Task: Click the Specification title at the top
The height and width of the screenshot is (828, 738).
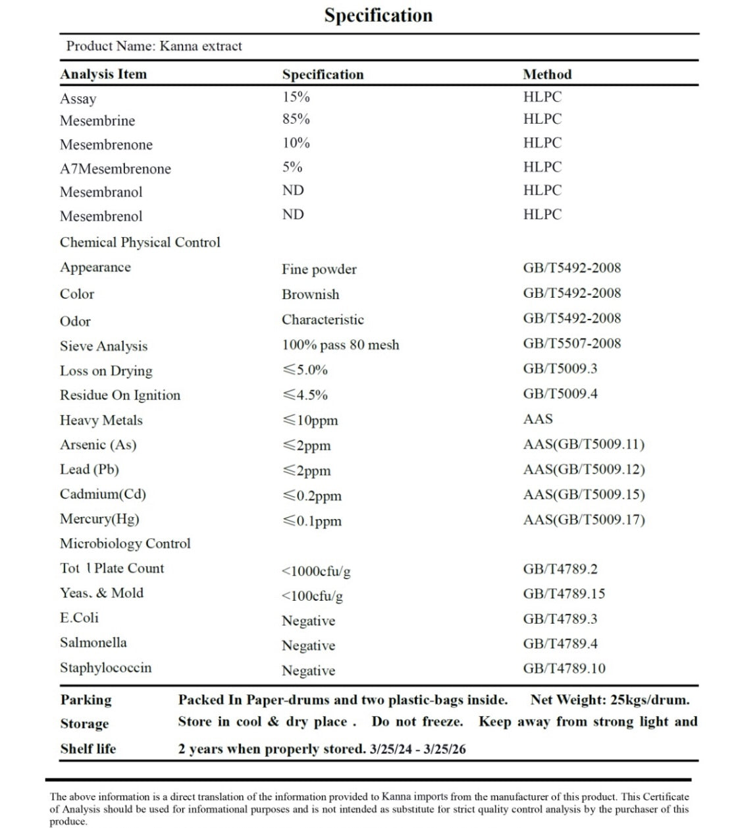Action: click(x=378, y=15)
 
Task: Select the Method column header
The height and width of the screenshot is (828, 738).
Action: click(x=547, y=74)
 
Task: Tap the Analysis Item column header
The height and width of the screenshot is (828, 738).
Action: click(x=103, y=74)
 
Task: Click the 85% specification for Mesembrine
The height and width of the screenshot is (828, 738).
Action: click(x=296, y=119)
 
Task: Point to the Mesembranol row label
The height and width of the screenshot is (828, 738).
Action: click(x=101, y=192)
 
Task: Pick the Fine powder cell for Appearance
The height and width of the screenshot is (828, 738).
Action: click(x=319, y=269)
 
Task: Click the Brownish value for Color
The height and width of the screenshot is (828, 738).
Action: click(x=311, y=294)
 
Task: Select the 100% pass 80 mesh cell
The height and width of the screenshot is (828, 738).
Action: click(x=340, y=345)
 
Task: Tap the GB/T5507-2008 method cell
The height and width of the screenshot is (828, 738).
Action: click(x=572, y=343)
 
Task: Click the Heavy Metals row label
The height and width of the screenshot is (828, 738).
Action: click(x=101, y=420)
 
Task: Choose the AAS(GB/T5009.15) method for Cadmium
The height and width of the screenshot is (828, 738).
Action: click(x=584, y=495)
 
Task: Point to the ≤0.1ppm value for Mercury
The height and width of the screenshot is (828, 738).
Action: click(x=312, y=521)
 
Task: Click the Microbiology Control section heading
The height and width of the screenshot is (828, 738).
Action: click(x=125, y=543)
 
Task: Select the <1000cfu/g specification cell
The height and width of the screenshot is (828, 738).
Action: click(x=316, y=571)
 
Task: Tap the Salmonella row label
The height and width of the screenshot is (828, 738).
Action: click(x=93, y=642)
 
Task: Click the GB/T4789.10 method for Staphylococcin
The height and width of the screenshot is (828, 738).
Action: click(x=564, y=669)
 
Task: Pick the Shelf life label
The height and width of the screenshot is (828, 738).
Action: click(x=88, y=748)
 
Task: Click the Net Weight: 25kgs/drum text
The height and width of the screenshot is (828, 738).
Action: click(x=610, y=700)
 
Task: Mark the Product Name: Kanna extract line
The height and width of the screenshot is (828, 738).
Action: click(x=154, y=46)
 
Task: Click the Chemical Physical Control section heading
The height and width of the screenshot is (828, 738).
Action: click(x=140, y=242)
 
